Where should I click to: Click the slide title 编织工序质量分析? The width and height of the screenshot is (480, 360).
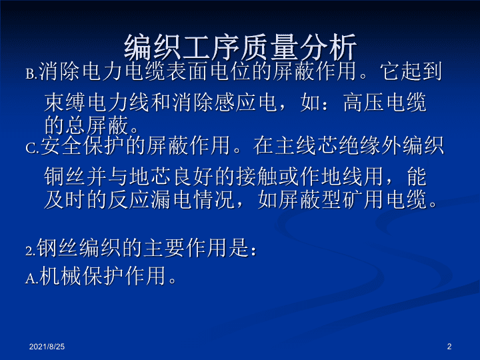240,47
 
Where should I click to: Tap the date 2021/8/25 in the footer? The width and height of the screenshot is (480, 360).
47,347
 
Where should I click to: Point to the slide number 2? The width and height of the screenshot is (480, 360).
449,347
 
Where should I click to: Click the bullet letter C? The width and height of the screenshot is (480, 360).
32,149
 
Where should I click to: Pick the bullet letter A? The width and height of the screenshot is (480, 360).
31,279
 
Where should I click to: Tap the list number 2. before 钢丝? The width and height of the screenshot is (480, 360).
31,251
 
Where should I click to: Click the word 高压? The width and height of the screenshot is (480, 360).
363,102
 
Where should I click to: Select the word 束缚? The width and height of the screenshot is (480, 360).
65,102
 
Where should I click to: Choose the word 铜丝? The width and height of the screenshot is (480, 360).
65,177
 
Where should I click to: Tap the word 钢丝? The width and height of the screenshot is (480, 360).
57,247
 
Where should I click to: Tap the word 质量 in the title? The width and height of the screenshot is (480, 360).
269,47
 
